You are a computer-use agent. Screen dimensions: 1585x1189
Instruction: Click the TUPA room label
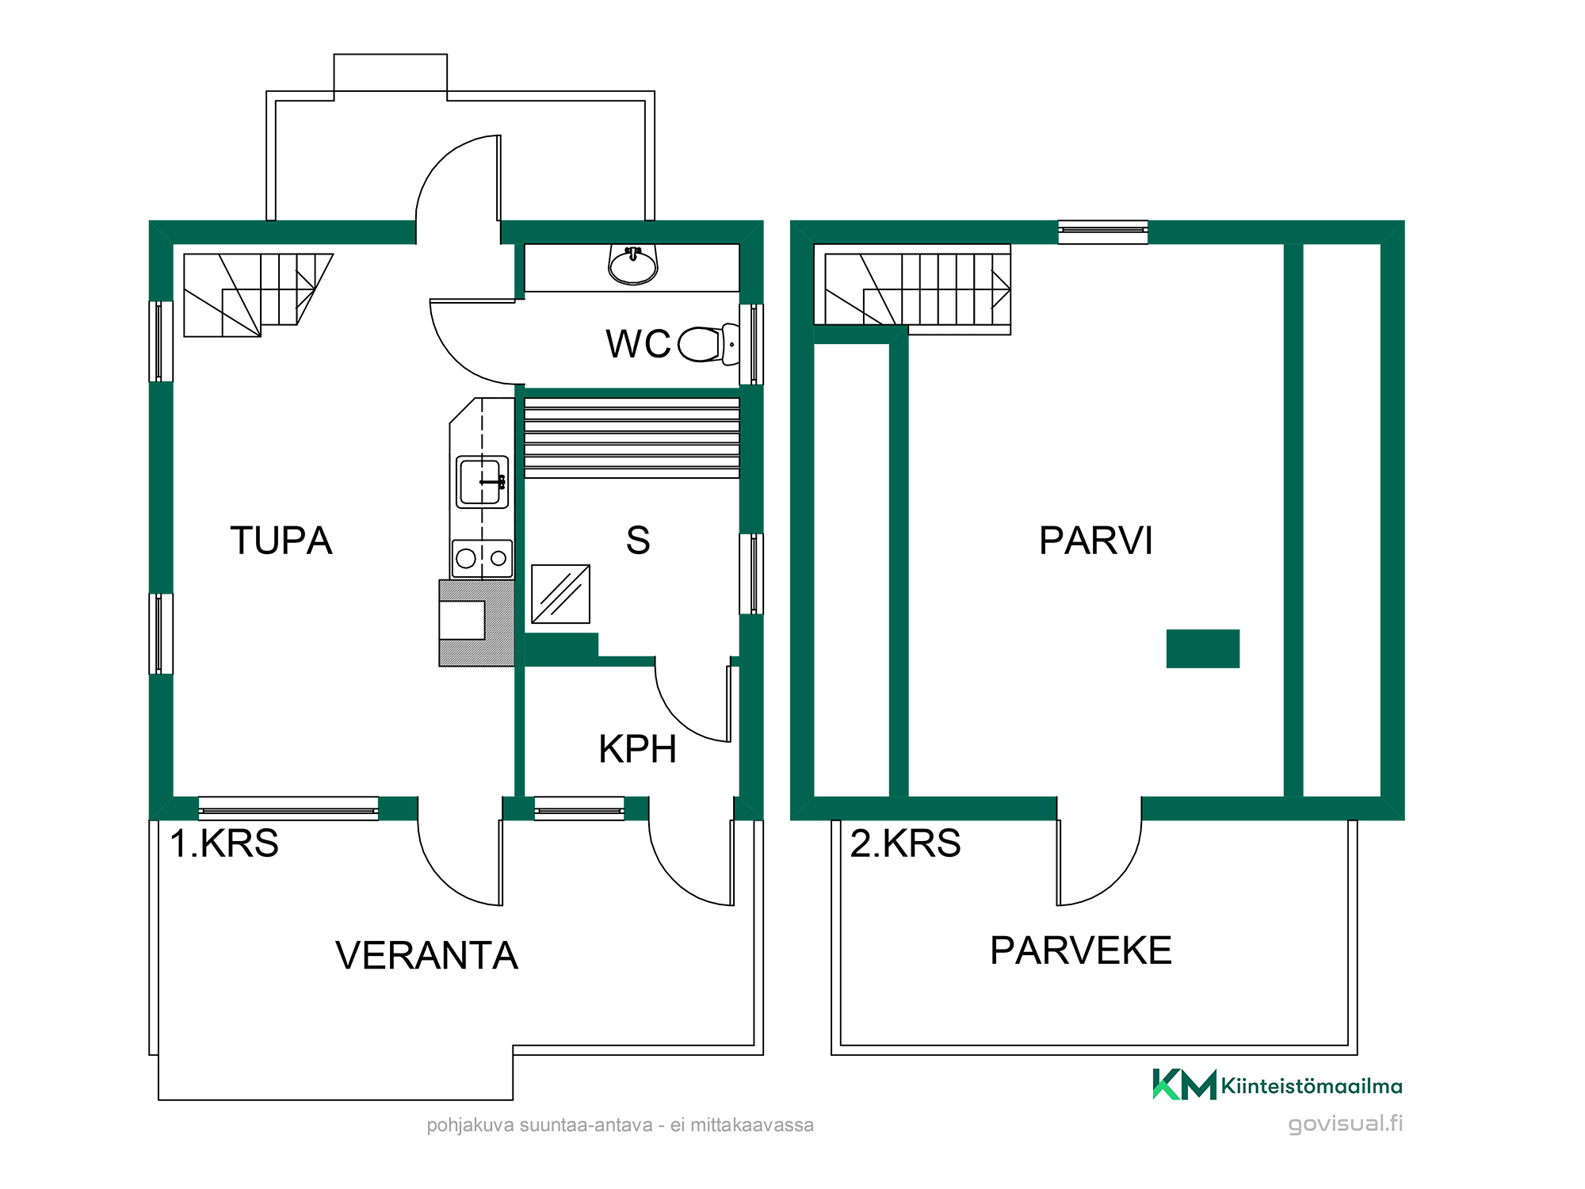(x=281, y=541)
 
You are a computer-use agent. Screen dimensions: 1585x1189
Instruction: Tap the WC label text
(x=638, y=344)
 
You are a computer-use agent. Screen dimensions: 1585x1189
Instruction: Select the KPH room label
(x=638, y=749)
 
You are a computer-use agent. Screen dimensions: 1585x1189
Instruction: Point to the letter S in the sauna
(x=638, y=541)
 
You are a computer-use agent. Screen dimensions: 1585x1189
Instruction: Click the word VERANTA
(x=426, y=955)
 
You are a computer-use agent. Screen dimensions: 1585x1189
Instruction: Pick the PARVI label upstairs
(x=1096, y=541)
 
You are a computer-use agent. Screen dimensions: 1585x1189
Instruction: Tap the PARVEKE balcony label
(x=1081, y=950)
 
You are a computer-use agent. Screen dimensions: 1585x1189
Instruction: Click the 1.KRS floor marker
(x=224, y=843)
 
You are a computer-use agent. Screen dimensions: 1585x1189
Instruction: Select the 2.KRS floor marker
(x=905, y=843)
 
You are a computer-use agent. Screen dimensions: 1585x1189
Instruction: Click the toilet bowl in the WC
(x=708, y=344)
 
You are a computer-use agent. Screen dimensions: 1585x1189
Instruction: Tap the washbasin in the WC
(x=633, y=265)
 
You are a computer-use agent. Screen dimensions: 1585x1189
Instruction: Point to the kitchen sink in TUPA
(x=482, y=481)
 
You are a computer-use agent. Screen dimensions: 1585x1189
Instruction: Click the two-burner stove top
(x=482, y=558)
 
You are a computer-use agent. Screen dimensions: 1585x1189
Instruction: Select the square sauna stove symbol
(x=560, y=594)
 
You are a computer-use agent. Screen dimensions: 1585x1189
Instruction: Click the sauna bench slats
(x=632, y=438)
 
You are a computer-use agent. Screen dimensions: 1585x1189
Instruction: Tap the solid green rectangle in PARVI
(x=1203, y=648)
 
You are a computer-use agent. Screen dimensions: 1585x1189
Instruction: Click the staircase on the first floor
(x=258, y=295)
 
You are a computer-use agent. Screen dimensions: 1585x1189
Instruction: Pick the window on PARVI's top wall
(x=1103, y=231)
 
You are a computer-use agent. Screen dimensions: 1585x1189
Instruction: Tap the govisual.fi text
(x=1345, y=1123)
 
